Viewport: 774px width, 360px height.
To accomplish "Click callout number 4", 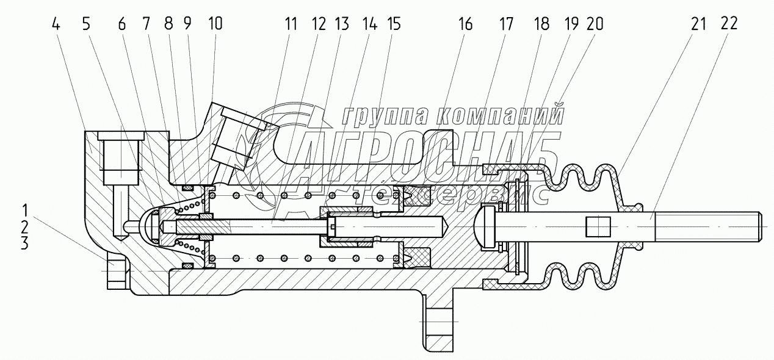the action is click(56, 24).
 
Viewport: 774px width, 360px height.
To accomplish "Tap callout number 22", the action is click(728, 24).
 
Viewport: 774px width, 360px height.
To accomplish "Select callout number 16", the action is click(465, 24).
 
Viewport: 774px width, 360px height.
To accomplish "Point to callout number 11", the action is click(291, 24).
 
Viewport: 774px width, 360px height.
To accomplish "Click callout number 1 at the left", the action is click(24, 211).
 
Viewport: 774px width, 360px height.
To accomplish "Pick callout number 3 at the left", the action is click(24, 244).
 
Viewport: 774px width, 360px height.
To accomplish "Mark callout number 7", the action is click(146, 24).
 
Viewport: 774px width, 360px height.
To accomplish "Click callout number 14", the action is click(369, 24).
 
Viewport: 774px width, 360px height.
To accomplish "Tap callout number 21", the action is click(698, 24).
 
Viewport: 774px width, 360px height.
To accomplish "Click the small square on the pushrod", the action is click(598, 227).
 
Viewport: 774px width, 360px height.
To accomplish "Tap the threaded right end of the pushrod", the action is click(707, 226).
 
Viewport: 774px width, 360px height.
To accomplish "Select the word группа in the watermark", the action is click(384, 115).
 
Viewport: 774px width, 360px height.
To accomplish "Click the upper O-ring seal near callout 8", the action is click(187, 187).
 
